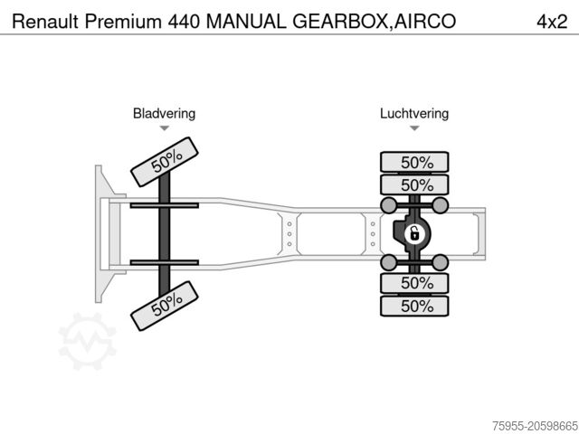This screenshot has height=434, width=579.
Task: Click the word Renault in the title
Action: (45, 22)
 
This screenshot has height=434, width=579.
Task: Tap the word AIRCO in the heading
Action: (424, 22)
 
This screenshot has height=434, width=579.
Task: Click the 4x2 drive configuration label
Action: (552, 22)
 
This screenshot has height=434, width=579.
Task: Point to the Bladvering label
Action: (164, 113)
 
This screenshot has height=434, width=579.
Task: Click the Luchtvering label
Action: (414, 113)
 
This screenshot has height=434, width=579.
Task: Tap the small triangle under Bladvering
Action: (165, 128)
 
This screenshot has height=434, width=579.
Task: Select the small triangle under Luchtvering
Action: (414, 128)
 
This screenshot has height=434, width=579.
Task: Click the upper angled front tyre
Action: (165, 162)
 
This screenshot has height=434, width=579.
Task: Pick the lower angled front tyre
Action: (165, 306)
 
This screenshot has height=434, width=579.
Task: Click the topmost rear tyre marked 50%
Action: (414, 162)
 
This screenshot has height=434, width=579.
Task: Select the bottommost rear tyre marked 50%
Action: (414, 306)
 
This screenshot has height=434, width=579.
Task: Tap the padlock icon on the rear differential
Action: (414, 234)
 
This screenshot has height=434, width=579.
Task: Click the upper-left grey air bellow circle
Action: (388, 205)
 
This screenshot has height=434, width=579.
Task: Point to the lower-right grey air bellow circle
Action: (441, 262)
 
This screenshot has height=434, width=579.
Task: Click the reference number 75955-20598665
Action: (536, 426)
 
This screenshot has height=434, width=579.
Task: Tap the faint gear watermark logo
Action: (88, 342)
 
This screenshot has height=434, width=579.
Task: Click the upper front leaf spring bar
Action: (165, 205)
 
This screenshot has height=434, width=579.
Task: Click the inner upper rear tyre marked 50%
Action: (414, 184)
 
